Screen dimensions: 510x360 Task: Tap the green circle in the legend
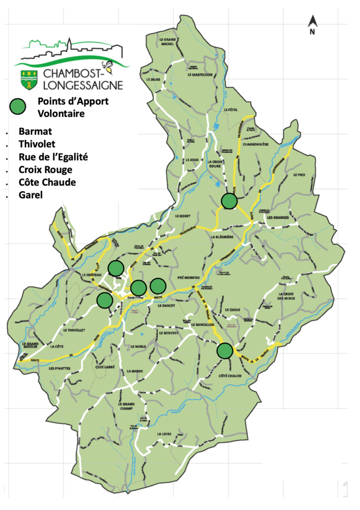point(19,106)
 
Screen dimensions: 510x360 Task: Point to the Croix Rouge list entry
point(45,169)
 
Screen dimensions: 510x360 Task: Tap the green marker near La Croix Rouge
point(229,201)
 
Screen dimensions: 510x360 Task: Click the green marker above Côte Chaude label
point(225,350)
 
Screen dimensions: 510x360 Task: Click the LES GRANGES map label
point(276,217)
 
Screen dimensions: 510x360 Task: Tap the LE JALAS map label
point(153,80)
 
